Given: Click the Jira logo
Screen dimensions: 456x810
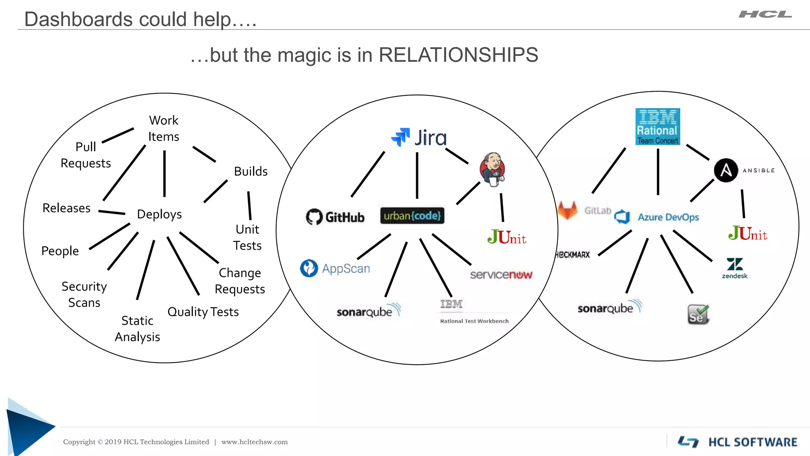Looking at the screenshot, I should (419, 137).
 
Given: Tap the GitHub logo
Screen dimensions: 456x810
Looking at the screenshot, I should (335, 217).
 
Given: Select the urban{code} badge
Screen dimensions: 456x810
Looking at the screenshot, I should (412, 216).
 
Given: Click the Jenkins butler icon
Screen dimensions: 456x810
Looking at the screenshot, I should (492, 169).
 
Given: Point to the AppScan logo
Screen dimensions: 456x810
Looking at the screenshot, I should (335, 268).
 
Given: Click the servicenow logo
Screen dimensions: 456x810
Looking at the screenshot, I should (501, 274).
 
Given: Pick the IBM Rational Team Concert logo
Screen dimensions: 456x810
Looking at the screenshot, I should (657, 127).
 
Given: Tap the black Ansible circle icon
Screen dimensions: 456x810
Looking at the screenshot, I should (726, 170).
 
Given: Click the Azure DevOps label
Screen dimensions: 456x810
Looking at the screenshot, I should (668, 217).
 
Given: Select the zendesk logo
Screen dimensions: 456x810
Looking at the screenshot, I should (734, 268).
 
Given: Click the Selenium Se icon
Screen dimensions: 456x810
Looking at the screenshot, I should (698, 315).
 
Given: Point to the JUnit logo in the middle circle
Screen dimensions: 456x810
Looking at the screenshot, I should (507, 237).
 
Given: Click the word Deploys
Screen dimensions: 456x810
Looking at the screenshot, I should (159, 214).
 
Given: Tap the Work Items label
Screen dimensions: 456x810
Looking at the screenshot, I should (163, 128).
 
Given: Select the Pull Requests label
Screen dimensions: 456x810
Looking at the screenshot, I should (85, 155).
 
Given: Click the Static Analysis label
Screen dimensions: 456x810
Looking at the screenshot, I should (137, 329).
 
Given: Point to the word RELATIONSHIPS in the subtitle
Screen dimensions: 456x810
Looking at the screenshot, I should (458, 55).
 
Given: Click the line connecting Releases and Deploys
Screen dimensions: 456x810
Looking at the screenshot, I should (112, 213).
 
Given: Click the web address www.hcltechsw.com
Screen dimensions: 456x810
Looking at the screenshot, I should (254, 442).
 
